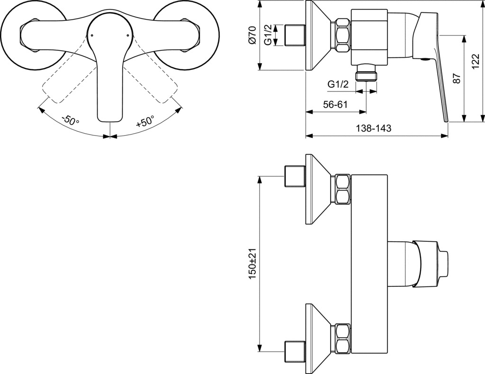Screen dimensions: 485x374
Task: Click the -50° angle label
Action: pyautogui.click(x=71, y=120)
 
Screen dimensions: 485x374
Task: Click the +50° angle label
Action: pyautogui.click(x=145, y=121)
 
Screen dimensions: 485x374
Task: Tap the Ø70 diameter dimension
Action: pyautogui.click(x=252, y=35)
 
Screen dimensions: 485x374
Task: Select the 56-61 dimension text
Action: pyautogui.click(x=335, y=104)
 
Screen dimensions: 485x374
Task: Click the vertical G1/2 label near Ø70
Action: pyautogui.click(x=268, y=35)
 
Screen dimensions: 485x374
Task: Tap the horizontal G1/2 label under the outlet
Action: pyautogui.click(x=338, y=84)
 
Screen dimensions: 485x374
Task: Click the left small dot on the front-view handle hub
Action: pyautogui.click(x=92, y=35)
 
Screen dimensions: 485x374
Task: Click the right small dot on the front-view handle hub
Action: pyautogui.click(x=128, y=35)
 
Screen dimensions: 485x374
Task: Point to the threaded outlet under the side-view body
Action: pyautogui.click(x=367, y=73)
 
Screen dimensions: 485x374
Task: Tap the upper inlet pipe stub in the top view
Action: pyautogui.click(x=295, y=176)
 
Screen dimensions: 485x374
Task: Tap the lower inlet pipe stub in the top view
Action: pyautogui.click(x=295, y=352)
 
